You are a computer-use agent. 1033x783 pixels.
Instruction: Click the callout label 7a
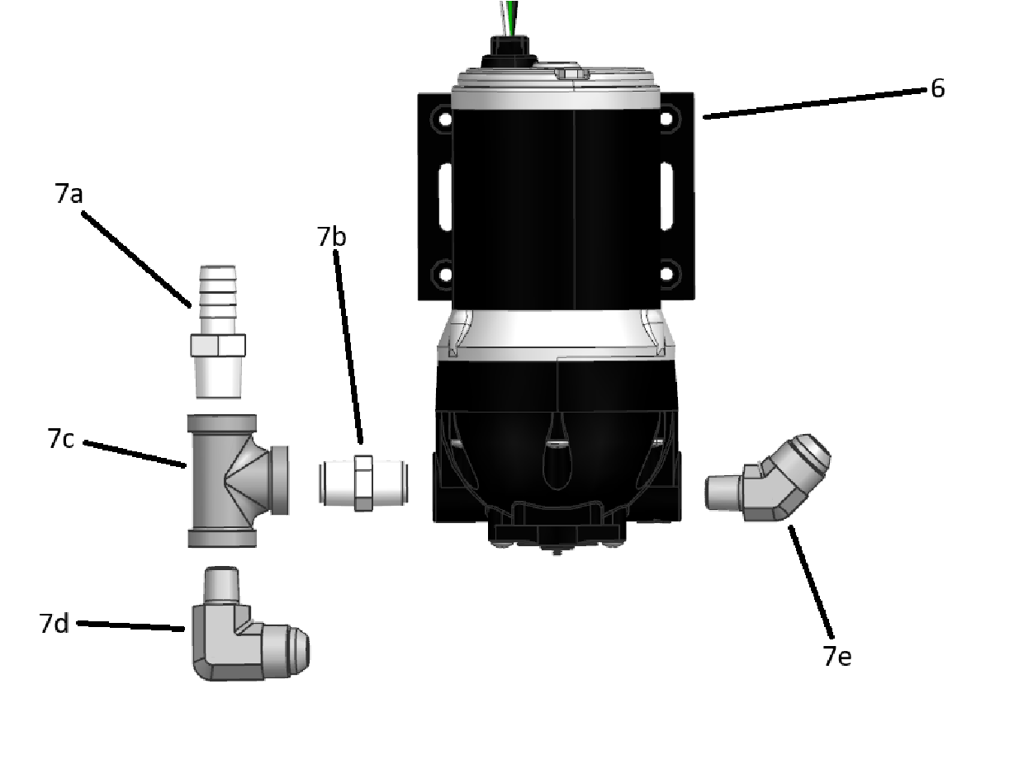69,193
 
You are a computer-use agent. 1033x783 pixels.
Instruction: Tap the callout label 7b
332,237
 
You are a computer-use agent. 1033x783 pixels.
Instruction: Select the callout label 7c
61,438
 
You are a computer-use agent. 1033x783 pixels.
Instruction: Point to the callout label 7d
54,624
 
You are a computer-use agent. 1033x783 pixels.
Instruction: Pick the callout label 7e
837,656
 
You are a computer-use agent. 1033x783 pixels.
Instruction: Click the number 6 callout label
937,88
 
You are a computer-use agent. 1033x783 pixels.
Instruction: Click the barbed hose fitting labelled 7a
218,332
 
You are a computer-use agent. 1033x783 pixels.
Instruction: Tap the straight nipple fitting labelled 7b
363,483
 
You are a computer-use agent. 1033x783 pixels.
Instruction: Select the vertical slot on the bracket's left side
445,196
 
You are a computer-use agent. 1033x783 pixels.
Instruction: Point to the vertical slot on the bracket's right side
666,196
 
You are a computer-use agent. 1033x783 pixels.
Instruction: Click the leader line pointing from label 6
814,104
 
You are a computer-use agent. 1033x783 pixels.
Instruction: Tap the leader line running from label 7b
348,347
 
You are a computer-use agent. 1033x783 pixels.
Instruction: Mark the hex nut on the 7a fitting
218,345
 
